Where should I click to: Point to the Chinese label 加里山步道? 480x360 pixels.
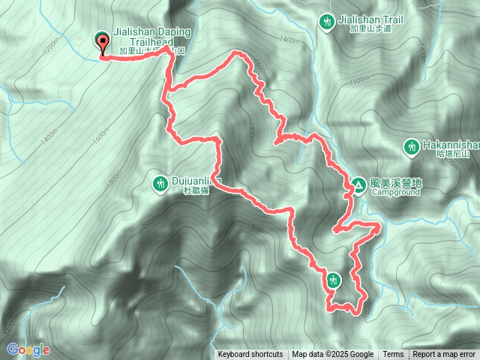(371, 30)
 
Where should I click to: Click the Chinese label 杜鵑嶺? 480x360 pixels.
(196, 191)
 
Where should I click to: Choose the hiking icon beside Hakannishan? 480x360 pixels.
(411, 146)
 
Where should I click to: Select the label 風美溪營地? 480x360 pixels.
(397, 182)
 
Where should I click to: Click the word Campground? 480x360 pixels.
(395, 192)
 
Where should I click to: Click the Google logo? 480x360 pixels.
(28, 349)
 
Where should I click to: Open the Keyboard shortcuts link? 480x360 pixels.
(250, 355)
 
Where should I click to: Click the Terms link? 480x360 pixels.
(393, 355)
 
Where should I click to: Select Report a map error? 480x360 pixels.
(444, 355)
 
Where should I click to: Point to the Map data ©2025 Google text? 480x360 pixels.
(333, 355)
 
